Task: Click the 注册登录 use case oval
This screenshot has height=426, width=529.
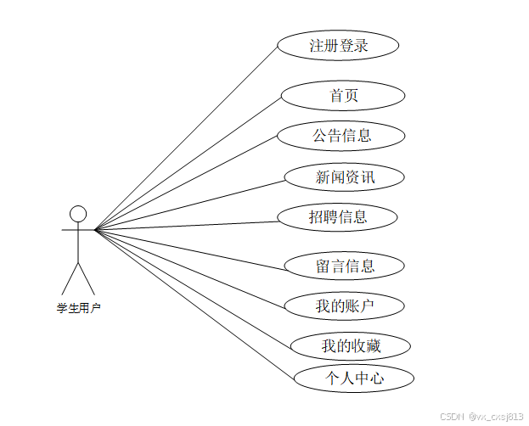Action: click(338, 46)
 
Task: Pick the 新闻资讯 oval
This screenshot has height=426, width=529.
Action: click(344, 177)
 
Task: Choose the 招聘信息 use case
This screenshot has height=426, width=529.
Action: click(337, 217)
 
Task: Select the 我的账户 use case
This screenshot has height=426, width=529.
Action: click(344, 306)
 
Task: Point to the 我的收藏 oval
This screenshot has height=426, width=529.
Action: click(351, 345)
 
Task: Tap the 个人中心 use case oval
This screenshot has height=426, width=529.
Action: click(353, 378)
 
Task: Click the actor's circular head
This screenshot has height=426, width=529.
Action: click(78, 213)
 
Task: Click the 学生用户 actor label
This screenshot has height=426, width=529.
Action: click(78, 308)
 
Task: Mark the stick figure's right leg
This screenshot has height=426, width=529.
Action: click(87, 278)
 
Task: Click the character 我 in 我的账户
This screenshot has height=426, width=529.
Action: click(323, 306)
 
